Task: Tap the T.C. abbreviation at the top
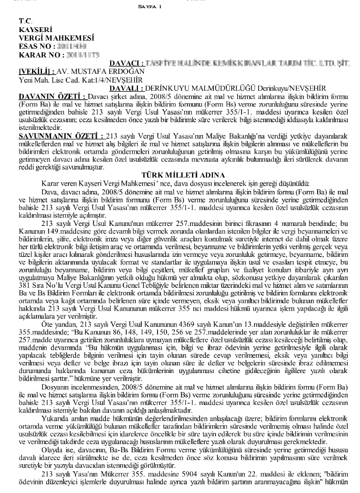click(x=25, y=21)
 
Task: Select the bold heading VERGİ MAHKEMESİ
click(x=56, y=39)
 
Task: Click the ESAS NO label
click(x=36, y=47)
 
